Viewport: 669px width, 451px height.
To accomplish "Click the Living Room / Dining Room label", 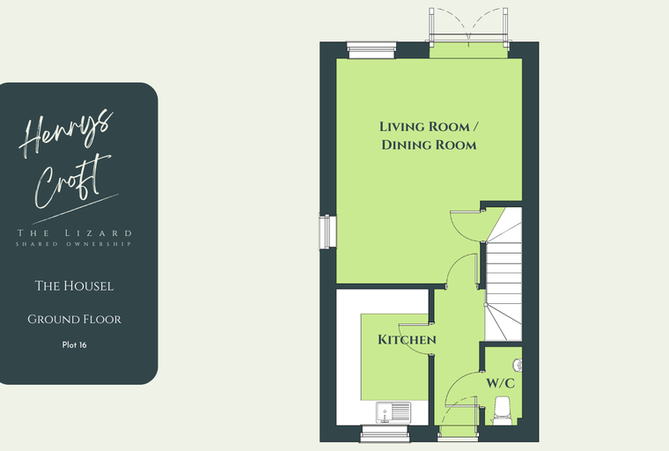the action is tap(429, 136).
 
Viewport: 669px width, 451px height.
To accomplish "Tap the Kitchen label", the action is tap(407, 339).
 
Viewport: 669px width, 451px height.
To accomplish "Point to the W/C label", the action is tap(501, 383).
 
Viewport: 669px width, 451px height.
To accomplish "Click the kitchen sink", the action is tap(393, 412).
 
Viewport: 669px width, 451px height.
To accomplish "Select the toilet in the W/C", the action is tap(502, 410).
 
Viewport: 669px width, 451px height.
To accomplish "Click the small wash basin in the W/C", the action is tap(518, 366).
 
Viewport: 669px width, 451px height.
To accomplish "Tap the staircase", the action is tap(504, 274).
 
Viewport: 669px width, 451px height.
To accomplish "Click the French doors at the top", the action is tap(468, 27).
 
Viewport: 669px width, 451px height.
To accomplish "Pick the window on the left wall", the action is tap(327, 232).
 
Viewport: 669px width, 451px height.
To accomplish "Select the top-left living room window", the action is tap(371, 50).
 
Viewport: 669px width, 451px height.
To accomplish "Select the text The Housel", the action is tap(74, 285).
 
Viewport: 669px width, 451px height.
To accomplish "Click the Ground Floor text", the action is tap(74, 319).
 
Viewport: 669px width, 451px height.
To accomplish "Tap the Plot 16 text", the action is tap(74, 344).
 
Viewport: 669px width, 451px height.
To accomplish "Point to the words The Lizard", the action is tap(74, 233).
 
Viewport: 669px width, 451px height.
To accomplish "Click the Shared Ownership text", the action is tap(73, 244).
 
